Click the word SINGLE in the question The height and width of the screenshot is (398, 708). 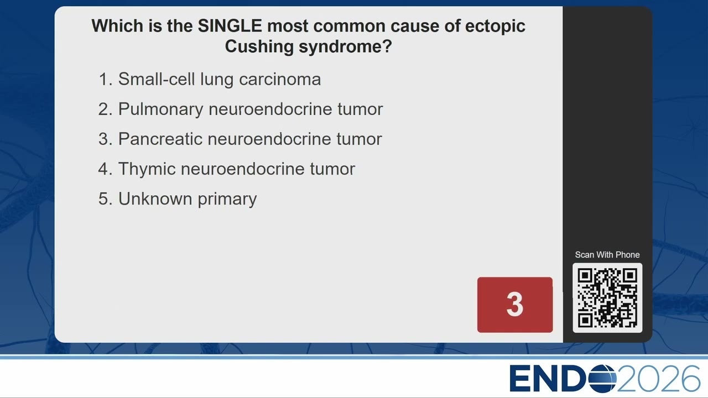pos(230,25)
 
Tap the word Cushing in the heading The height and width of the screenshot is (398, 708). pos(259,47)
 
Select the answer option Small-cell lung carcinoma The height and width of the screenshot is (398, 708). pos(220,79)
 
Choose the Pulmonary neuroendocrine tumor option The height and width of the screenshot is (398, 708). pos(251,109)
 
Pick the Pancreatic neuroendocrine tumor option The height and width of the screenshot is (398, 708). pos(250,139)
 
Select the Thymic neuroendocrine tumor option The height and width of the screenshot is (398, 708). pos(236,169)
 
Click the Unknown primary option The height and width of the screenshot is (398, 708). pos(188,199)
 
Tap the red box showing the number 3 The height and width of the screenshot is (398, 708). pos(515,305)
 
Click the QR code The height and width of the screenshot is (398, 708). pos(607,298)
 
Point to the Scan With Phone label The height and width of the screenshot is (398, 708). pos(607,255)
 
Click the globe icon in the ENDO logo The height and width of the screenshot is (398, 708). pos(602,378)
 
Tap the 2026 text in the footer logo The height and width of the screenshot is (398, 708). pos(658,378)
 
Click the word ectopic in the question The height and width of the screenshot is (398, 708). pos(495,26)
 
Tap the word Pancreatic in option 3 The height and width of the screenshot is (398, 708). pos(160,139)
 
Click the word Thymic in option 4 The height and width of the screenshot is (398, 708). pos(147,169)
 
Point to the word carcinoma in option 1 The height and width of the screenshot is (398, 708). pos(280,80)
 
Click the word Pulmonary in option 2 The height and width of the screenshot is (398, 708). pos(160,109)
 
